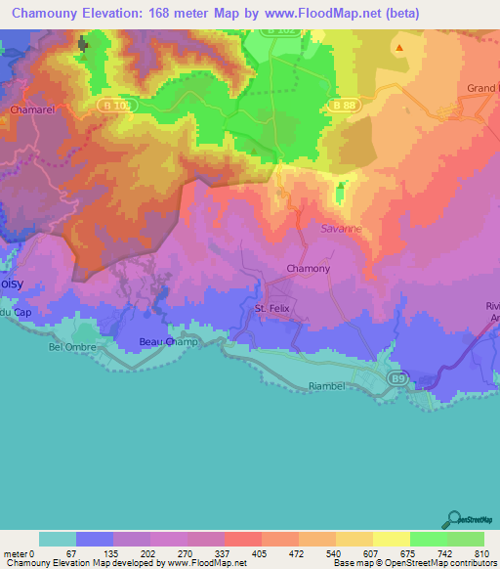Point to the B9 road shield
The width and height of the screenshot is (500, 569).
pos(396,376)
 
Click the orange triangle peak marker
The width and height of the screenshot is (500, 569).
pos(398,46)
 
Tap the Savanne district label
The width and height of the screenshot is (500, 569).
pos(340,228)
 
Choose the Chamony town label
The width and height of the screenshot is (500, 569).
pos(308,269)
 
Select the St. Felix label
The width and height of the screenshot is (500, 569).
pos(273,308)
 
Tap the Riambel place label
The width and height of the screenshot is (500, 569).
pos(328,385)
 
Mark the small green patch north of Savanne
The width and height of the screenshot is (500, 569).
pos(340,196)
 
